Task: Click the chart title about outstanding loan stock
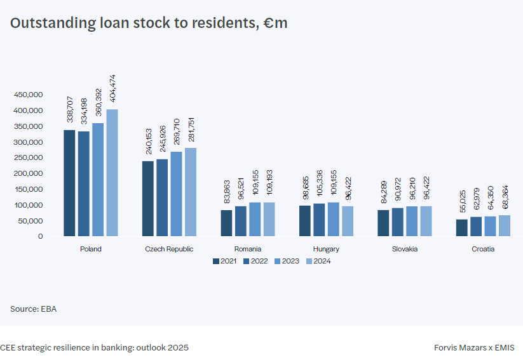[x=149, y=23]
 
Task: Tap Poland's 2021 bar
[x=69, y=183]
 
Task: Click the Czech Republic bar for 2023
[x=176, y=194]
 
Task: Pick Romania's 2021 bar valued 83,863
[x=226, y=223]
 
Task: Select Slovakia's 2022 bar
[x=397, y=222]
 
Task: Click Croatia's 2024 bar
[x=505, y=225]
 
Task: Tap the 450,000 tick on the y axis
[x=28, y=95]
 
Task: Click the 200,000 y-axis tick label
[x=28, y=173]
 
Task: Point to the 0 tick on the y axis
[x=40, y=236]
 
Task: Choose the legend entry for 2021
[x=225, y=261]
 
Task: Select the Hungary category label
[x=326, y=249]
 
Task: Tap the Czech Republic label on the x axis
[x=169, y=249]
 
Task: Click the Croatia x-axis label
[x=483, y=249]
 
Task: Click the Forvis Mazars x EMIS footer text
[x=474, y=348]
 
